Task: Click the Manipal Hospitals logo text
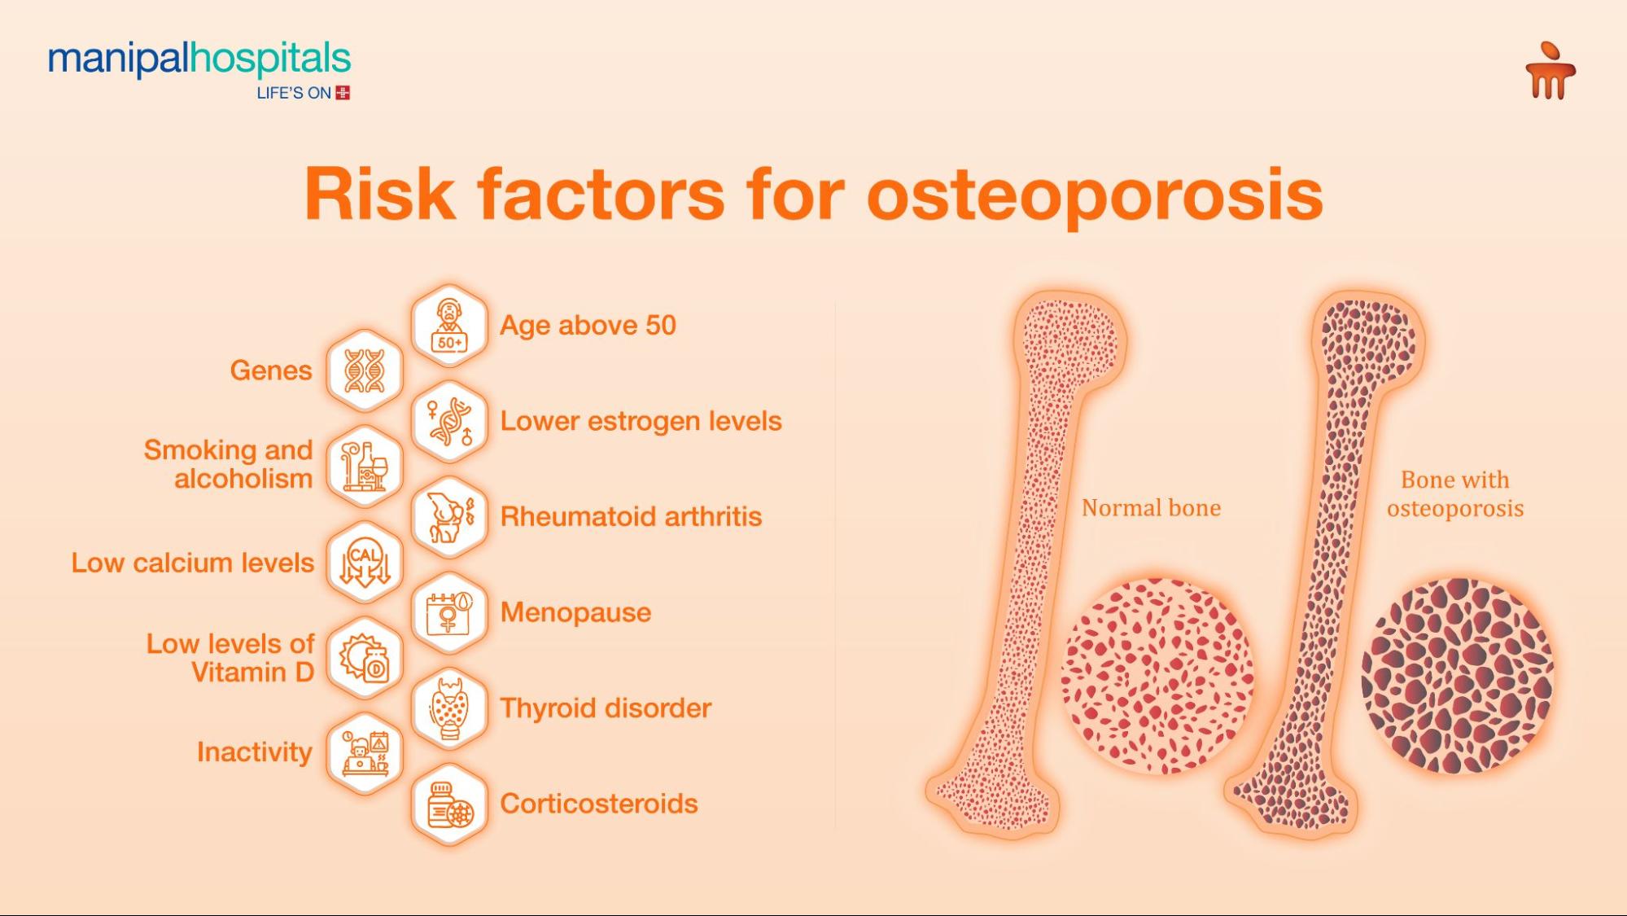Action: point(199,60)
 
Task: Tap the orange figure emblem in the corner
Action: point(1550,70)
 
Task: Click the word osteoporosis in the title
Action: point(1095,195)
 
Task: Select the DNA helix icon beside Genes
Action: point(365,371)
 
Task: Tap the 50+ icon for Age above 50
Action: point(449,326)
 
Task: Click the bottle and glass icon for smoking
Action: point(365,467)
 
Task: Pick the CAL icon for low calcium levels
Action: point(365,563)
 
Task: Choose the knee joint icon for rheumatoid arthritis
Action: point(449,517)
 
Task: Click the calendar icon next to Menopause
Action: point(449,613)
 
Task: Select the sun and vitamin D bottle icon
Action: point(365,659)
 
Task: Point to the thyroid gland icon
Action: point(449,708)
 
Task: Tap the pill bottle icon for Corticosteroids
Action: point(449,804)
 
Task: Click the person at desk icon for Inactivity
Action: point(365,753)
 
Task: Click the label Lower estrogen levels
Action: point(641,422)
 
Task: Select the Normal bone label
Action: point(1151,508)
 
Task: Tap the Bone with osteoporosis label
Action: point(1455,494)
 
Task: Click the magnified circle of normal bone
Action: point(1157,676)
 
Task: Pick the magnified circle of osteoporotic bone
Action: point(1458,676)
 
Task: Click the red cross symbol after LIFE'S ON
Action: point(343,93)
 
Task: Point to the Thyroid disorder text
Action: point(606,708)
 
